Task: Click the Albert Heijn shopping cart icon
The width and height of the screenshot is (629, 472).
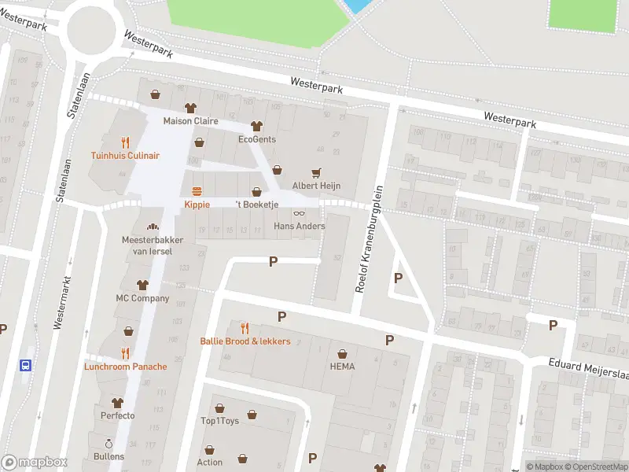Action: click(317, 172)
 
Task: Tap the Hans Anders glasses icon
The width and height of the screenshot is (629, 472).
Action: click(299, 213)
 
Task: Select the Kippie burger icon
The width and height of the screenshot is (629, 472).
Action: click(196, 191)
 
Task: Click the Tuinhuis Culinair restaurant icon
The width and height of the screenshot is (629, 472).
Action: click(125, 142)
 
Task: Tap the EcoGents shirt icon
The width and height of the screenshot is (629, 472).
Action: click(256, 126)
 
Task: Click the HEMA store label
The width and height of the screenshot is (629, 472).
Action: click(342, 367)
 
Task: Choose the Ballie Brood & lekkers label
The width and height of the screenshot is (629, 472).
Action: click(245, 341)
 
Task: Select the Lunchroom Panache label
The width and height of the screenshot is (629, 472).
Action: click(125, 367)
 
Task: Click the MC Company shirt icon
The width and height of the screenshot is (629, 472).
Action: click(142, 285)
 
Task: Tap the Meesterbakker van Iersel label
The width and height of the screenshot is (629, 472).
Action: click(147, 245)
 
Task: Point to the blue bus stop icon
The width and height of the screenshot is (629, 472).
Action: click(26, 365)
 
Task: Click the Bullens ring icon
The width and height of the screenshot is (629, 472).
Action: click(109, 443)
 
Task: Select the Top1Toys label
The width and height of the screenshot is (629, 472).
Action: click(219, 421)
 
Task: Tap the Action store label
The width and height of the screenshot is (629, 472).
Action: click(210, 463)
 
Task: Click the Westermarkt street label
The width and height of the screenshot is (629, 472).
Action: click(58, 303)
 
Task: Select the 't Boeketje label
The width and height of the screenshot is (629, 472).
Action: click(257, 205)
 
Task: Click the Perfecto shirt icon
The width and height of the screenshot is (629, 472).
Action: click(118, 402)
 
